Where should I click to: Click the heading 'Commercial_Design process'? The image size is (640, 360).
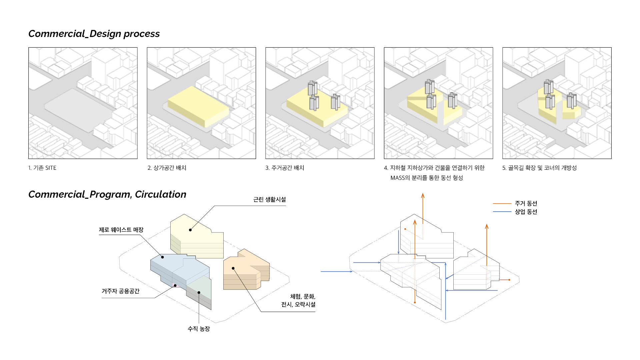tap(94, 34)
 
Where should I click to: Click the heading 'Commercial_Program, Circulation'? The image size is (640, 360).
tap(107, 194)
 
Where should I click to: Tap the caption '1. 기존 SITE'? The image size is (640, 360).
tap(42, 168)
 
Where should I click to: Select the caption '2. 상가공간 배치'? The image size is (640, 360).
tap(167, 168)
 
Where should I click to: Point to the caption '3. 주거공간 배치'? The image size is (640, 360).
tap(285, 168)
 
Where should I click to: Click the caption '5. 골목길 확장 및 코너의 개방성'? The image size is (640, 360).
tap(539, 168)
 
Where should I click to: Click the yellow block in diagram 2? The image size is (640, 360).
tap(198, 105)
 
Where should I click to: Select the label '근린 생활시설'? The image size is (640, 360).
tap(269, 200)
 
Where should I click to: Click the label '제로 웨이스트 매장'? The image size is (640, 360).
tap(121, 230)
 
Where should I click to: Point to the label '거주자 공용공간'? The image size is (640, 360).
tap(120, 291)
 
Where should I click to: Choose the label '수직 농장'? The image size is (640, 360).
tap(199, 329)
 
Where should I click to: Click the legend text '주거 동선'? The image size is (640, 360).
tap(526, 203)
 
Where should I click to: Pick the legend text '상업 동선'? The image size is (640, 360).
tap(526, 212)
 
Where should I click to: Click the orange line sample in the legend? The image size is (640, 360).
tap(502, 203)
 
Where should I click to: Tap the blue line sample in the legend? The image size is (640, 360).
tap(502, 212)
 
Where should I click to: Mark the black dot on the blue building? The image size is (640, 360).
tap(163, 257)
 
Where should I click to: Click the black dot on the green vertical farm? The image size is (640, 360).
tap(199, 293)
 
